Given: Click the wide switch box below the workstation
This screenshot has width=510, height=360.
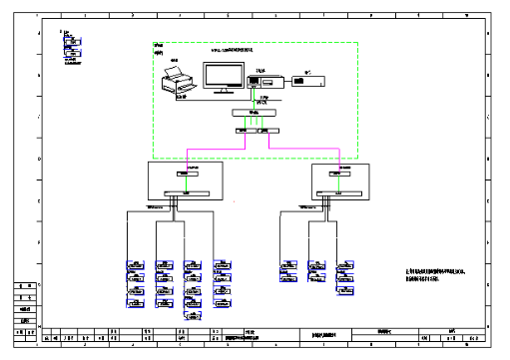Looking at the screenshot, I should [252, 114].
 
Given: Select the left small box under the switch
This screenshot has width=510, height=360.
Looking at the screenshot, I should [241, 131].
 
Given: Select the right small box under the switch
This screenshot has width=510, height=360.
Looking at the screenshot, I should [266, 131].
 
